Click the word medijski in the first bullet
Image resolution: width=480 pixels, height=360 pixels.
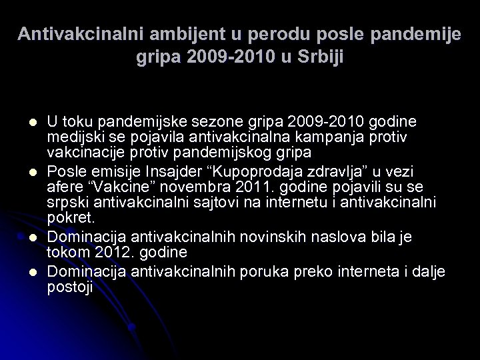(x=73, y=136)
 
